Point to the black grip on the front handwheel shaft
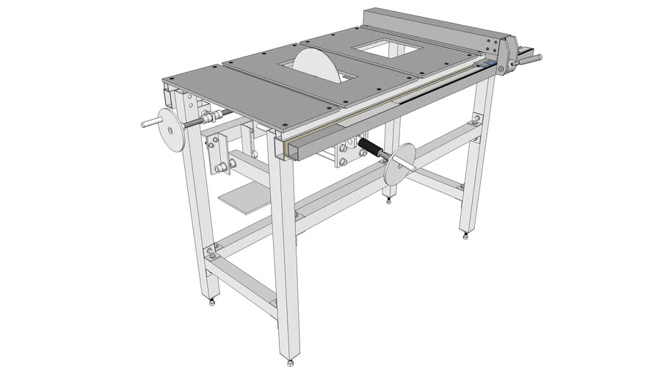[x=372, y=151]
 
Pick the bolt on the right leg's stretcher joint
[x=478, y=118]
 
